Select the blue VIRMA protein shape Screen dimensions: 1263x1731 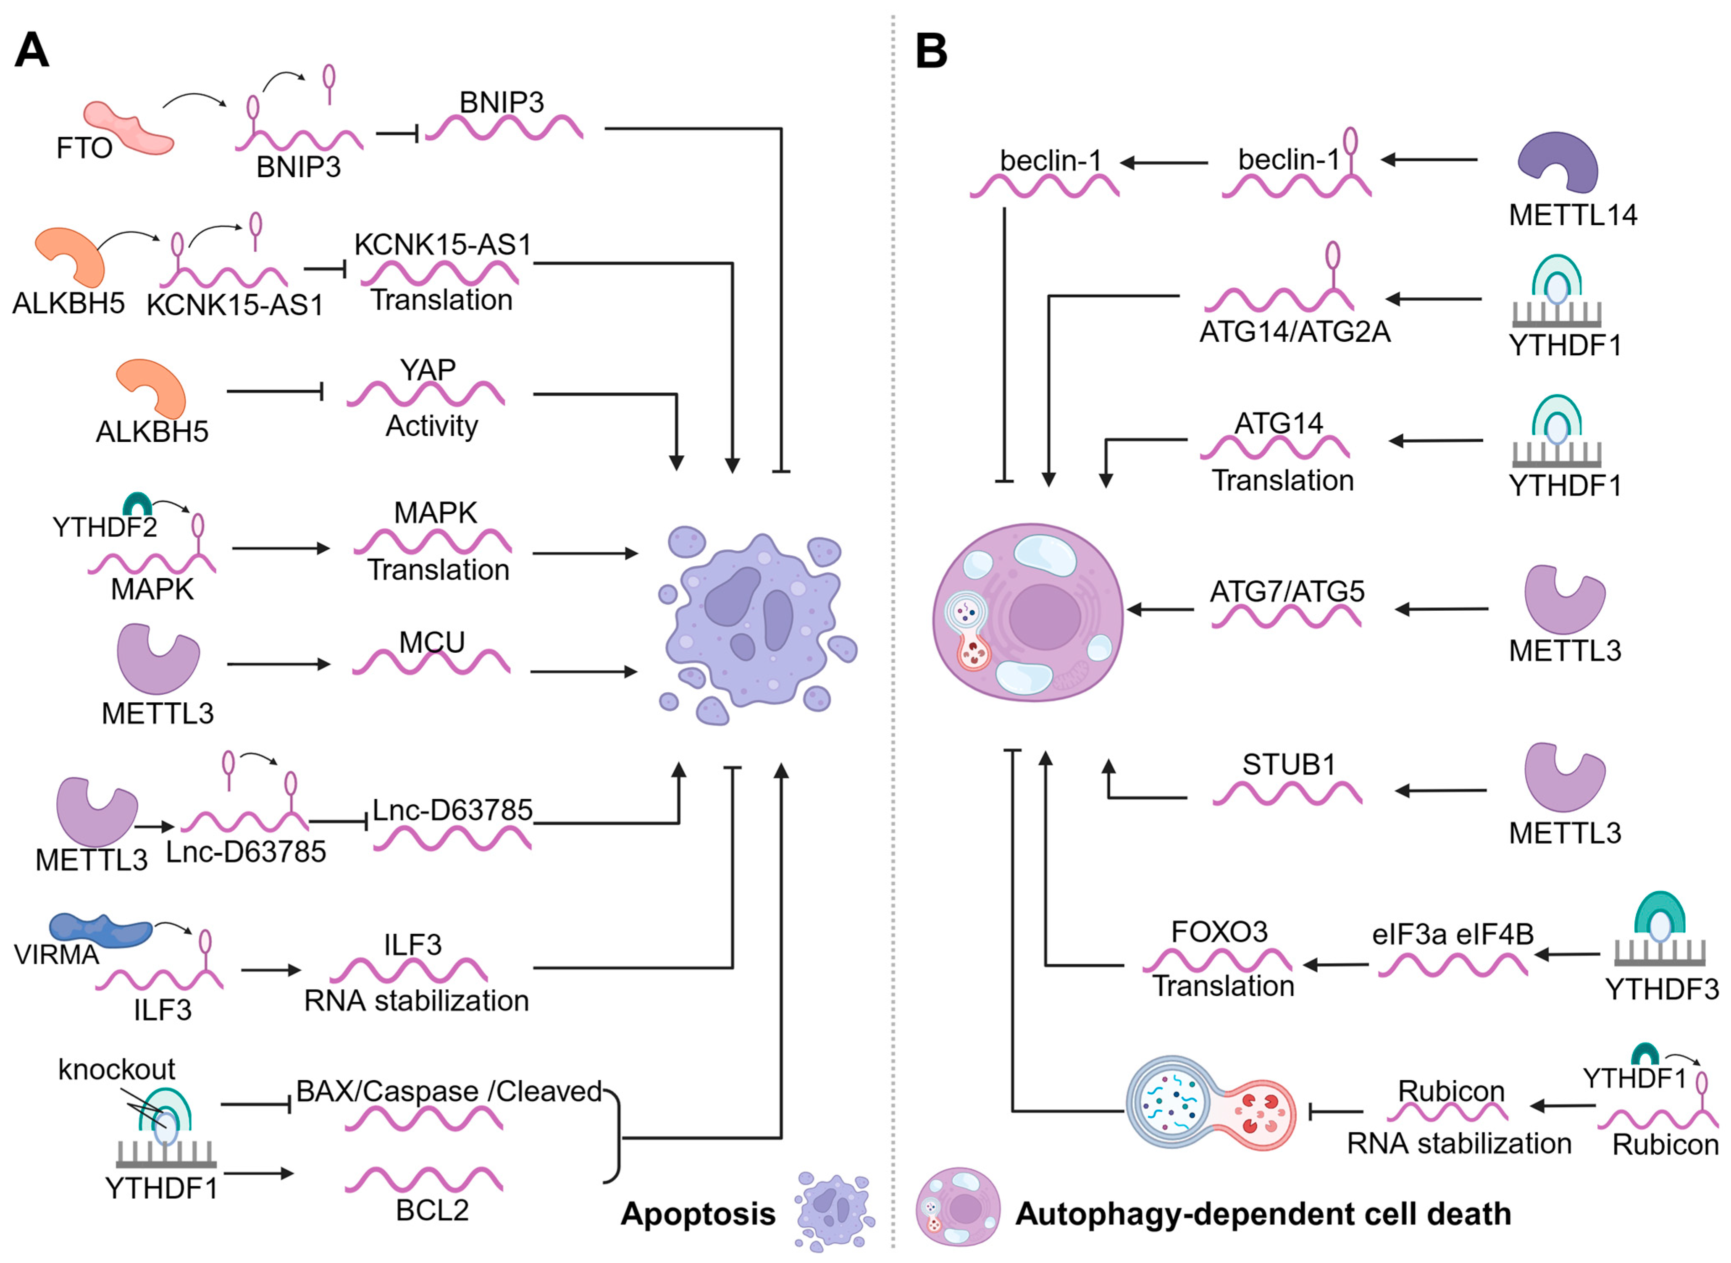(x=100, y=929)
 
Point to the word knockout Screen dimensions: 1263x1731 (x=116, y=1069)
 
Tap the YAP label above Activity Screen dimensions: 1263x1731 (x=428, y=370)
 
